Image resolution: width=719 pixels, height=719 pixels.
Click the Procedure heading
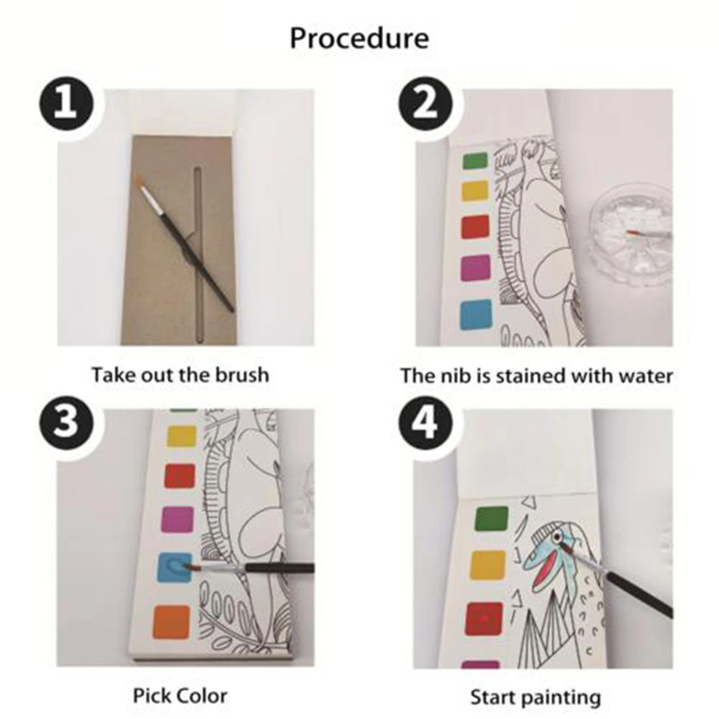pyautogui.click(x=359, y=39)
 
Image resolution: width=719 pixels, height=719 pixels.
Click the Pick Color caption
pyautogui.click(x=180, y=696)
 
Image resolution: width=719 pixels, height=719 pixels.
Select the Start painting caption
pyautogui.click(x=535, y=698)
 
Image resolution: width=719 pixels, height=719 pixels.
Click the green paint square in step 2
pyautogui.click(x=475, y=161)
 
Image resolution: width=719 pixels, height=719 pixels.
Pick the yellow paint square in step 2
pyautogui.click(x=475, y=192)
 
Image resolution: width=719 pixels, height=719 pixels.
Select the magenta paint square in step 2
pyautogui.click(x=475, y=267)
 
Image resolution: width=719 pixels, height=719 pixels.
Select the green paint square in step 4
pyautogui.click(x=492, y=520)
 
